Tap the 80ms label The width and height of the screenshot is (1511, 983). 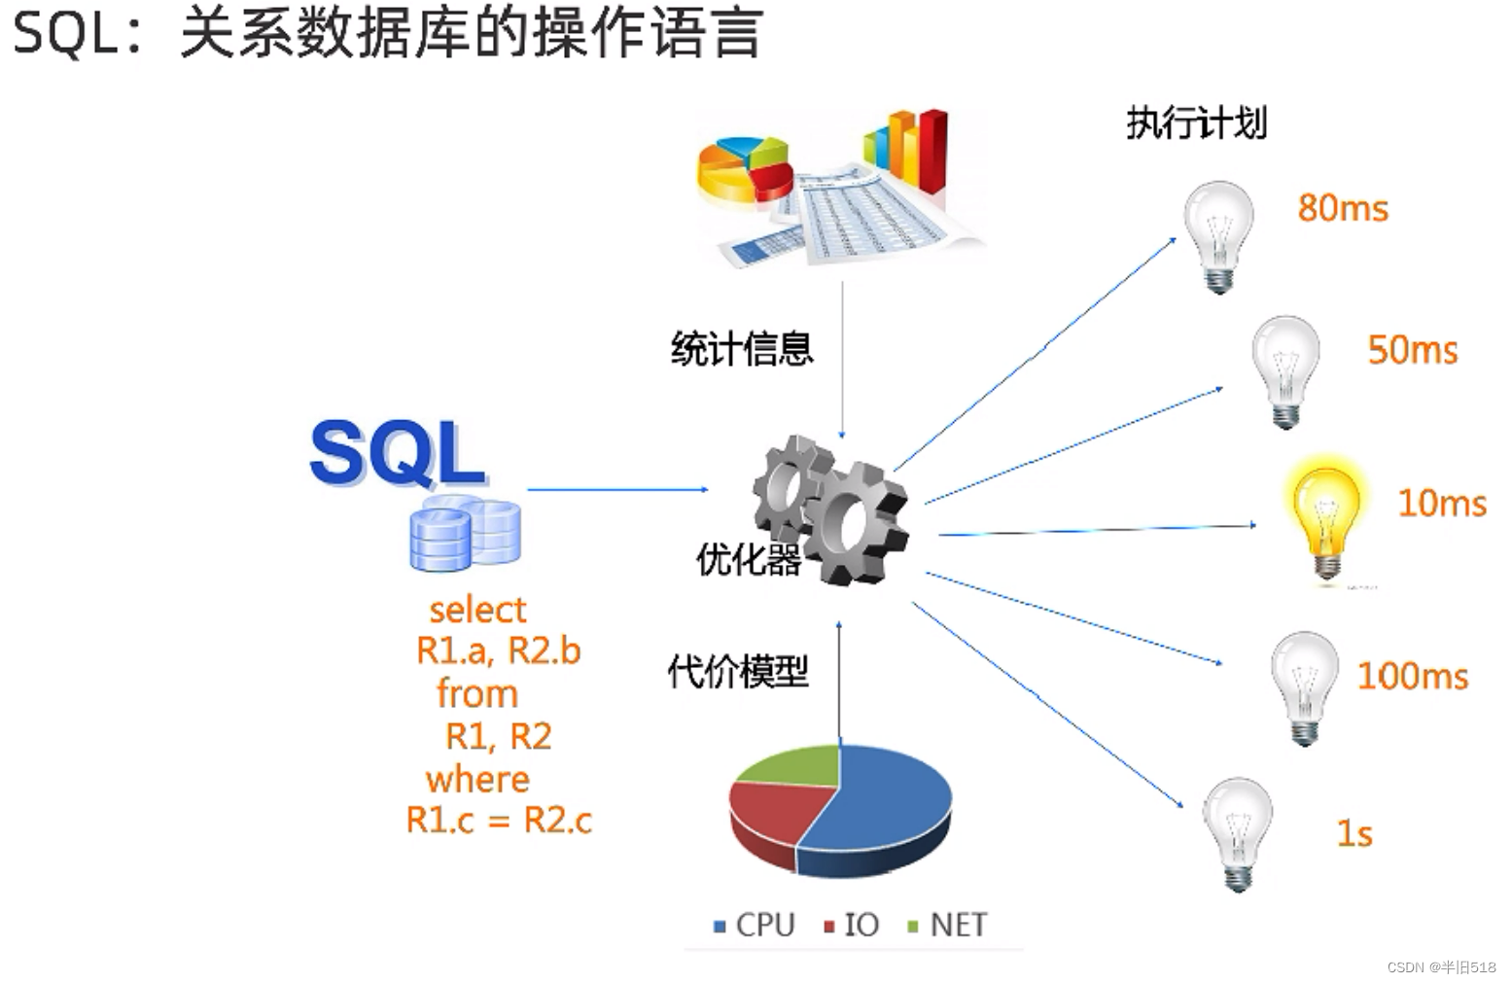pyautogui.click(x=1343, y=208)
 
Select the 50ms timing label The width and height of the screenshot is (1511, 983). pyautogui.click(x=1412, y=350)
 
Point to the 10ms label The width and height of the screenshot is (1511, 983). pyautogui.click(x=1441, y=503)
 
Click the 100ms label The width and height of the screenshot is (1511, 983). pyautogui.click(x=1412, y=676)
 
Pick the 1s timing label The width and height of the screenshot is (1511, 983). pyautogui.click(x=1353, y=833)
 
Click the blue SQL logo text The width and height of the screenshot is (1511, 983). pyautogui.click(x=397, y=453)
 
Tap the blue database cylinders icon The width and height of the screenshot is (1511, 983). pyautogui.click(x=464, y=533)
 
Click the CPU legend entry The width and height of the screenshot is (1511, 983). pyautogui.click(x=755, y=925)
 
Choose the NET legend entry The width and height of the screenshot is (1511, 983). pyautogui.click(x=947, y=925)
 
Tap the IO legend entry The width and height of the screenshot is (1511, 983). pyautogui.click(x=852, y=925)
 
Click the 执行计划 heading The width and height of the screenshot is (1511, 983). pyautogui.click(x=1196, y=123)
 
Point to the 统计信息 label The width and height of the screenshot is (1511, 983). pyautogui.click(x=741, y=348)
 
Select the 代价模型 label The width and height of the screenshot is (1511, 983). pyautogui.click(x=737, y=671)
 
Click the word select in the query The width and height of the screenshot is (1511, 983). pyautogui.click(x=477, y=610)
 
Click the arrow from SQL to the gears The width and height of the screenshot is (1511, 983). pyautogui.click(x=617, y=489)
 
